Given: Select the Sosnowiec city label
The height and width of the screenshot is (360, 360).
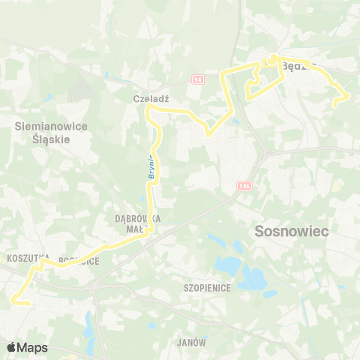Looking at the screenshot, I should tap(292, 232).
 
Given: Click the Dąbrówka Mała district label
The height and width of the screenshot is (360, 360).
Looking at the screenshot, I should tap(139, 223).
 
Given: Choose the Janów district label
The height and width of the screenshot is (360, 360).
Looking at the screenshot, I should tap(192, 342).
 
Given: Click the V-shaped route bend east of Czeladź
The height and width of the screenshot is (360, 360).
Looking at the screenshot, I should tap(208, 136).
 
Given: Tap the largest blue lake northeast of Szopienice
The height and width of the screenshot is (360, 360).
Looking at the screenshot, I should tap(252, 278).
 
